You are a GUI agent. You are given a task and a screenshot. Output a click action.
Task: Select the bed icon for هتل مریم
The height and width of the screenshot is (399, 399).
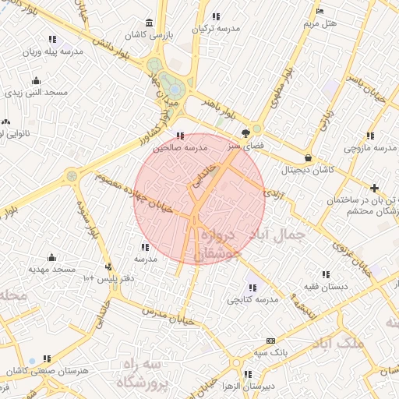click(320, 11)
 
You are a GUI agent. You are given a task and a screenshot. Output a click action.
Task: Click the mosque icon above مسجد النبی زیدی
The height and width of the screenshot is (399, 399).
click(36, 80)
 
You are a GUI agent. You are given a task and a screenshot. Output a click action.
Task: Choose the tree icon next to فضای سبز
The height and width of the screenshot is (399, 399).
click(246, 132)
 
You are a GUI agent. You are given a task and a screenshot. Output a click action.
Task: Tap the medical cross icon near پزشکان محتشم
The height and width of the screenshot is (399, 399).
click(375, 188)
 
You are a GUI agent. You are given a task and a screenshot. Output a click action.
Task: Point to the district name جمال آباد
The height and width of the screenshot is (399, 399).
click(274, 233)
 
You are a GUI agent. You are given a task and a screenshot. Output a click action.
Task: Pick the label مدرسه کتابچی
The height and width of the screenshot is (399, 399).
click(252, 299)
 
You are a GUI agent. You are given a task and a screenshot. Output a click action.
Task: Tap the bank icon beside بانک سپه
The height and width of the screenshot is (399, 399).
click(270, 341)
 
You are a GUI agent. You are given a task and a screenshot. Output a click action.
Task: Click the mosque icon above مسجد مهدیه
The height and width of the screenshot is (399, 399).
click(51, 257)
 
